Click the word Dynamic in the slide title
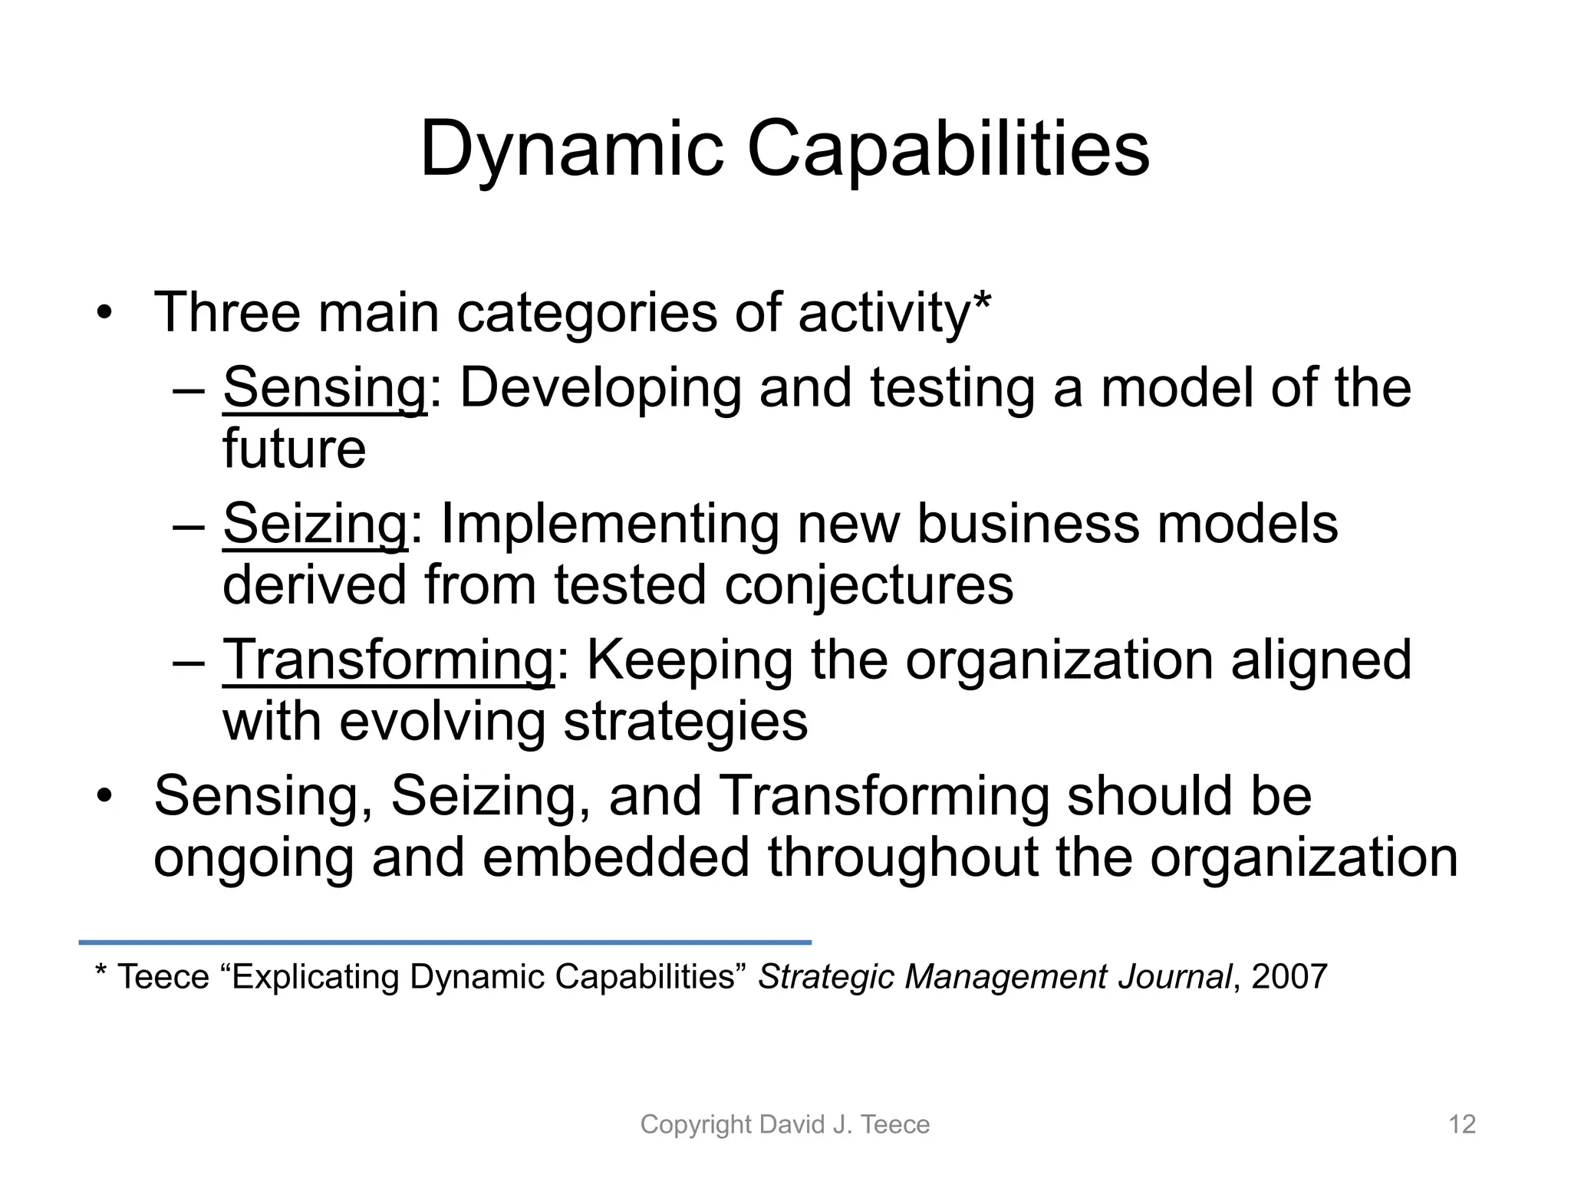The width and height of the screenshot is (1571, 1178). click(571, 150)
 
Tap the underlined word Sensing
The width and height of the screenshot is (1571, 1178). click(324, 388)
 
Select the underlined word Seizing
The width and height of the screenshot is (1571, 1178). click(315, 525)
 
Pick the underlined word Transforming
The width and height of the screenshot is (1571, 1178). click(387, 660)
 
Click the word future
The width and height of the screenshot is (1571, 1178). click(294, 449)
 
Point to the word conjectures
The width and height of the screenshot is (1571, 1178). click(868, 586)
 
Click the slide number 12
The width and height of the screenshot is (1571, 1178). click(1461, 1124)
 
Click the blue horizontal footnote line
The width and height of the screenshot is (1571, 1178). click(445, 942)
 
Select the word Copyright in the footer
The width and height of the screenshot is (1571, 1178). click(696, 1124)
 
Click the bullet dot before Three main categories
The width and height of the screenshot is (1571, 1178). click(104, 314)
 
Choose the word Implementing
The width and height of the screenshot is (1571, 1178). click(610, 525)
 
